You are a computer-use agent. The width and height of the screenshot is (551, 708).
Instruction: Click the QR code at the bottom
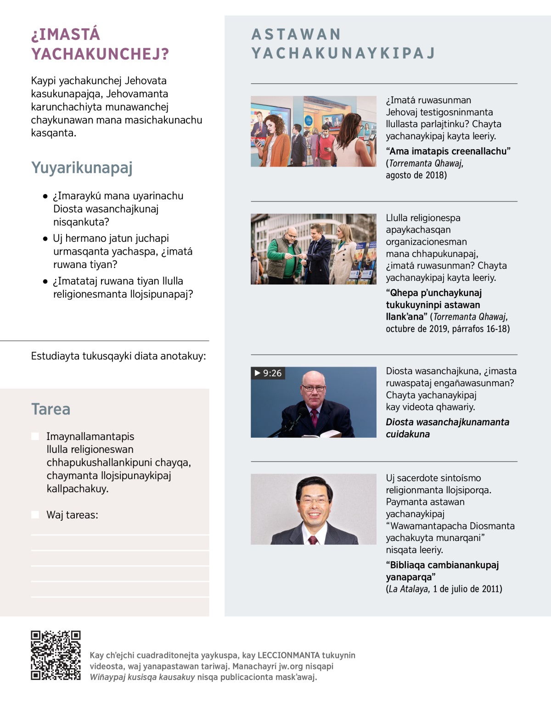[x=56, y=655]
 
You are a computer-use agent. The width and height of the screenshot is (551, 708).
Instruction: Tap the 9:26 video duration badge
[x=268, y=373]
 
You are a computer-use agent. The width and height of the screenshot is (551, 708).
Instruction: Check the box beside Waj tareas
[x=35, y=515]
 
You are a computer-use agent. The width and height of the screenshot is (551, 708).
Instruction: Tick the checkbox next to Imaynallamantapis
[x=35, y=436]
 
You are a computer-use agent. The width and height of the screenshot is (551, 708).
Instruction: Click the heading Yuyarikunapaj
[x=82, y=168]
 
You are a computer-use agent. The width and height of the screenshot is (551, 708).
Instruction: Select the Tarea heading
[x=51, y=409]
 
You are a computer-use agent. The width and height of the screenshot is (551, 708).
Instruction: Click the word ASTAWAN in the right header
[x=296, y=34]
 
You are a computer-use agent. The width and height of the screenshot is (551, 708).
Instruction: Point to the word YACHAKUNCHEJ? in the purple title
[x=100, y=54]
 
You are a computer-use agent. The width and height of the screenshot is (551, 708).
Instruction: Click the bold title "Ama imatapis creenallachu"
[x=448, y=151]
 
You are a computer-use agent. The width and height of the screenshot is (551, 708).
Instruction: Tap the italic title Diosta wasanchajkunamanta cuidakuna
[x=447, y=428]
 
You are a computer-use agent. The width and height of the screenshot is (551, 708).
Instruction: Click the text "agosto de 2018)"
[x=416, y=175]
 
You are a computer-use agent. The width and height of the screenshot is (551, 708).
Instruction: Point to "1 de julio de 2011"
[x=467, y=589]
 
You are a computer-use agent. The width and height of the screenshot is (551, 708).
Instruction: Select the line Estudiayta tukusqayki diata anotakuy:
[x=118, y=356]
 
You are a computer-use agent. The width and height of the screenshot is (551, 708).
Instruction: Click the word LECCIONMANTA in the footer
[x=288, y=655]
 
